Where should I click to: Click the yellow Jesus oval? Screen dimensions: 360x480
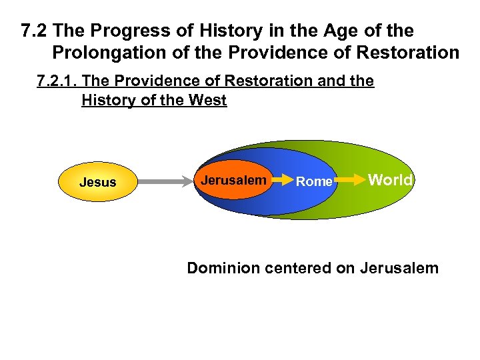point(97,182)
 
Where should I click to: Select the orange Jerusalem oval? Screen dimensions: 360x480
point(233,180)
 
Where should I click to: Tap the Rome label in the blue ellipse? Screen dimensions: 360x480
point(313,181)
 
